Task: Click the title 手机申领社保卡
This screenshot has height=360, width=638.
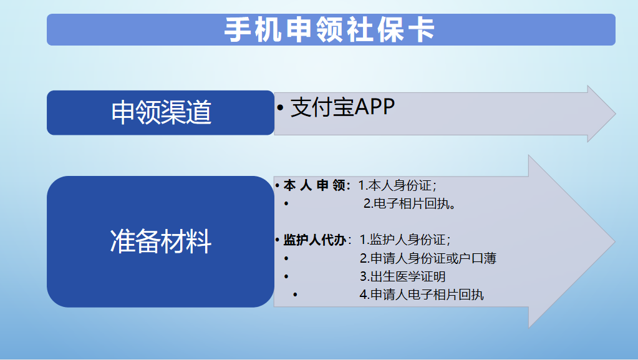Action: pyautogui.click(x=330, y=29)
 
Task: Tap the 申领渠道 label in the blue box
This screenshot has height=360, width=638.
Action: pyautogui.click(x=161, y=112)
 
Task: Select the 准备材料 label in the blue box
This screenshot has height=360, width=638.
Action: pyautogui.click(x=161, y=241)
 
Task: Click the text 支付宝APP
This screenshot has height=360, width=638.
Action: pyautogui.click(x=342, y=107)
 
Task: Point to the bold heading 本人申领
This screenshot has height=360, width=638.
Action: pyautogui.click(x=317, y=186)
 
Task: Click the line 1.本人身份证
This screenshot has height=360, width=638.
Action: pyautogui.click(x=397, y=186)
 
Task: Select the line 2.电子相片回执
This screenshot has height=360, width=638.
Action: pyautogui.click(x=409, y=203)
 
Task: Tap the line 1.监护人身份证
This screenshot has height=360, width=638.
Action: pyautogui.click(x=405, y=240)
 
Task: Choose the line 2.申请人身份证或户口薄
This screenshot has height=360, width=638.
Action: pyautogui.click(x=428, y=258)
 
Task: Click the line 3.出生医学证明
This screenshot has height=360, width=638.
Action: pyautogui.click(x=402, y=276)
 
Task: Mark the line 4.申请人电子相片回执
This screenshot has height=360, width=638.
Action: pyautogui.click(x=422, y=294)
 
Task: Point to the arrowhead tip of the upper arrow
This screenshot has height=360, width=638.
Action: pyautogui.click(x=615, y=114)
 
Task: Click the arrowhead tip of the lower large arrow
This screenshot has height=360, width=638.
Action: pyautogui.click(x=614, y=241)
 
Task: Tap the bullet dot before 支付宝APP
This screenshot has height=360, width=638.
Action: pyautogui.click(x=280, y=108)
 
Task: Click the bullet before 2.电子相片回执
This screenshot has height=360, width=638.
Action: pyautogui.click(x=286, y=203)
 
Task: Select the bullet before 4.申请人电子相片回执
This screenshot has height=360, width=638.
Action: pyautogui.click(x=295, y=294)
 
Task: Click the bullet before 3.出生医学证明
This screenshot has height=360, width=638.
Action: pyautogui.click(x=286, y=276)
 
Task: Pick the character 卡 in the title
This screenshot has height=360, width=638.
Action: pyautogui.click(x=423, y=29)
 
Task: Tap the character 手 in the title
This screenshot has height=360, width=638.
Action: pyautogui.click(x=237, y=29)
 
